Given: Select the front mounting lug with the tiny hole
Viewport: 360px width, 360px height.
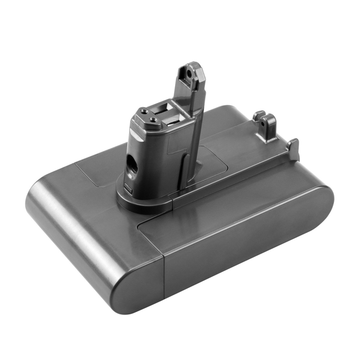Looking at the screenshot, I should click(269, 127).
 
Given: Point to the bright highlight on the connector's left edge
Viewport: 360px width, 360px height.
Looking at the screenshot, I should click(132, 144).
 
